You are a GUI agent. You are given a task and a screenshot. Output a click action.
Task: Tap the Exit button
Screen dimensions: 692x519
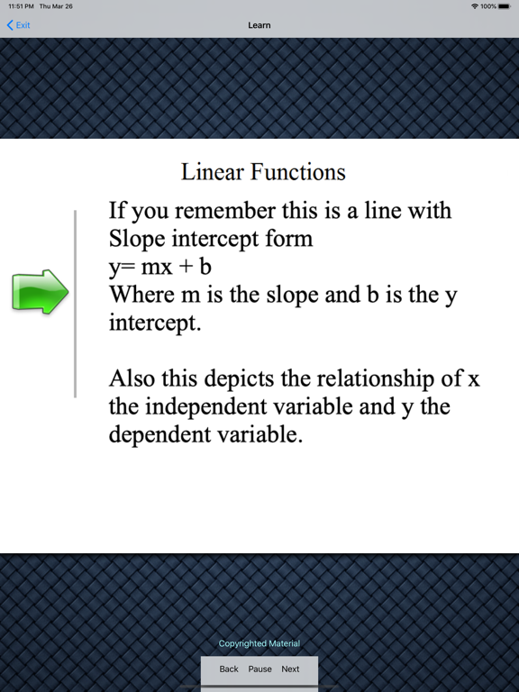(x=19, y=25)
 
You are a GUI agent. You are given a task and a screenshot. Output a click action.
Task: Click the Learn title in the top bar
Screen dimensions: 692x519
(x=259, y=25)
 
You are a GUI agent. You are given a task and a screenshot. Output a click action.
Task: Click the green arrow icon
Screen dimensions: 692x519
(x=41, y=292)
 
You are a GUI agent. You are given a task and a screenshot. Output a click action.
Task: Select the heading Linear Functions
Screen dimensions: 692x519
(x=263, y=171)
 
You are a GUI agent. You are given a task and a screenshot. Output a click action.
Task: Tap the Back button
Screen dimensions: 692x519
(x=229, y=669)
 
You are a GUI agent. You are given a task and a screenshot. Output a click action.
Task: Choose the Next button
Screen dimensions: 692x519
(x=290, y=669)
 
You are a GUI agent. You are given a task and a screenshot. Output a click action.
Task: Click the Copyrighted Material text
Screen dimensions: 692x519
(x=259, y=643)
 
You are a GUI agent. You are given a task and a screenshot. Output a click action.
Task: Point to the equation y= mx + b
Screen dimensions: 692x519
(x=160, y=267)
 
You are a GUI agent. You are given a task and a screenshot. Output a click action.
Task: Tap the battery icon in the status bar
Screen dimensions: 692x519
(x=505, y=6)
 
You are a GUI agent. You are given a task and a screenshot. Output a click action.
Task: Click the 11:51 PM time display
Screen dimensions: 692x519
(x=22, y=6)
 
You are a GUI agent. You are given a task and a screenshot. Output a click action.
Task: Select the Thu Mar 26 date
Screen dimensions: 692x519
(x=56, y=6)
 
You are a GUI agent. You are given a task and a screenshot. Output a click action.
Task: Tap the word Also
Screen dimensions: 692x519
(x=132, y=378)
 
